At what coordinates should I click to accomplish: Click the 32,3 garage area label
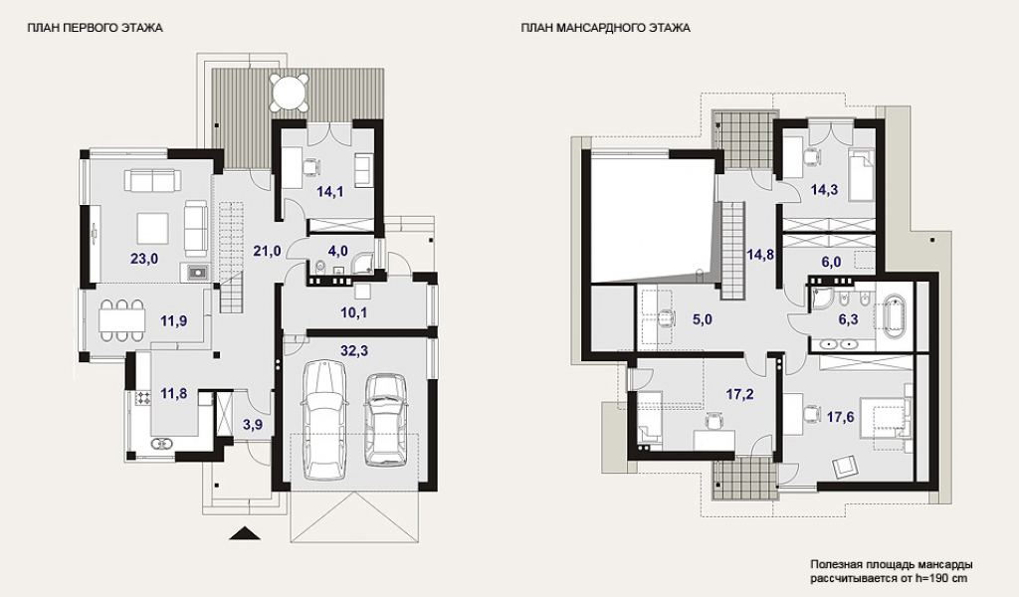tap(354, 351)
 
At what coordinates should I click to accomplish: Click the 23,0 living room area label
tap(144, 259)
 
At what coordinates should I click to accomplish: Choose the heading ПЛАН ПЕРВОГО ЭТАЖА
tap(95, 28)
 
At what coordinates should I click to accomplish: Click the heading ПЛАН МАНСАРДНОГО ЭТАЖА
tap(605, 28)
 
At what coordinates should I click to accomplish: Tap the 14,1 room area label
tap(329, 191)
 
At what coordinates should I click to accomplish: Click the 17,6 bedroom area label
tap(840, 416)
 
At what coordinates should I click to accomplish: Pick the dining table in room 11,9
tap(120, 319)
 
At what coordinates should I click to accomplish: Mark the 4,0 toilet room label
tap(338, 252)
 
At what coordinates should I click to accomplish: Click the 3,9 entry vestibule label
tap(252, 426)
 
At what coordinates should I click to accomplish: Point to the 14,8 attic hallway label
tap(759, 255)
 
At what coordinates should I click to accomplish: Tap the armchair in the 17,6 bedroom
tap(844, 465)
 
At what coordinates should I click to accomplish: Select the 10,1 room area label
tap(354, 311)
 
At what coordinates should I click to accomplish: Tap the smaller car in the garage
tap(385, 419)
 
